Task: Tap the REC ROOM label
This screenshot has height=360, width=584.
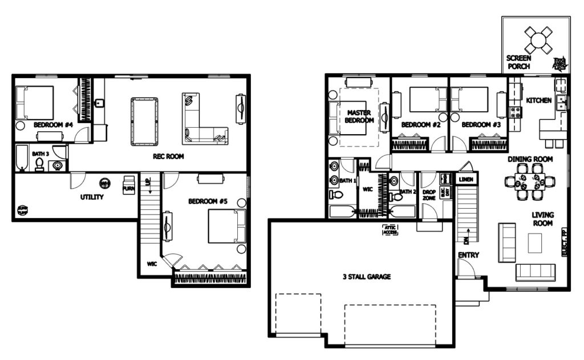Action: click(168, 156)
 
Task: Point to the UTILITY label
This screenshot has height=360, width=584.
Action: click(91, 197)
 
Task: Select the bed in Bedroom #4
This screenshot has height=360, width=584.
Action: click(35, 102)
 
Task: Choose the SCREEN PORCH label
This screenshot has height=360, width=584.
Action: click(518, 62)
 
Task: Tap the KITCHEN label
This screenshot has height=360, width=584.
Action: click(538, 100)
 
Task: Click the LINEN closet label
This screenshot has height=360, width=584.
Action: click(466, 180)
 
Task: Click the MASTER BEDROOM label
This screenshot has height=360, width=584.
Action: click(360, 117)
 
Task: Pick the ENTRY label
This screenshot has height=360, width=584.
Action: click(468, 255)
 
